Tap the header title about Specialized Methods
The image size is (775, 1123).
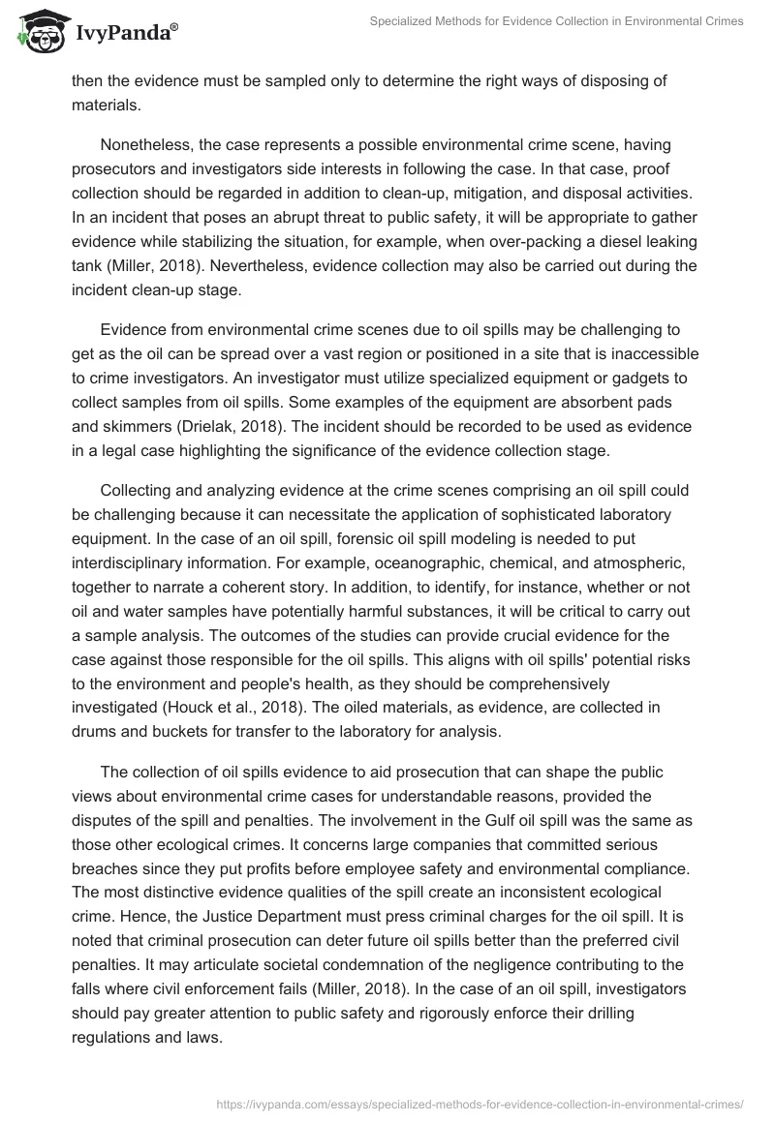[557, 21]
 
